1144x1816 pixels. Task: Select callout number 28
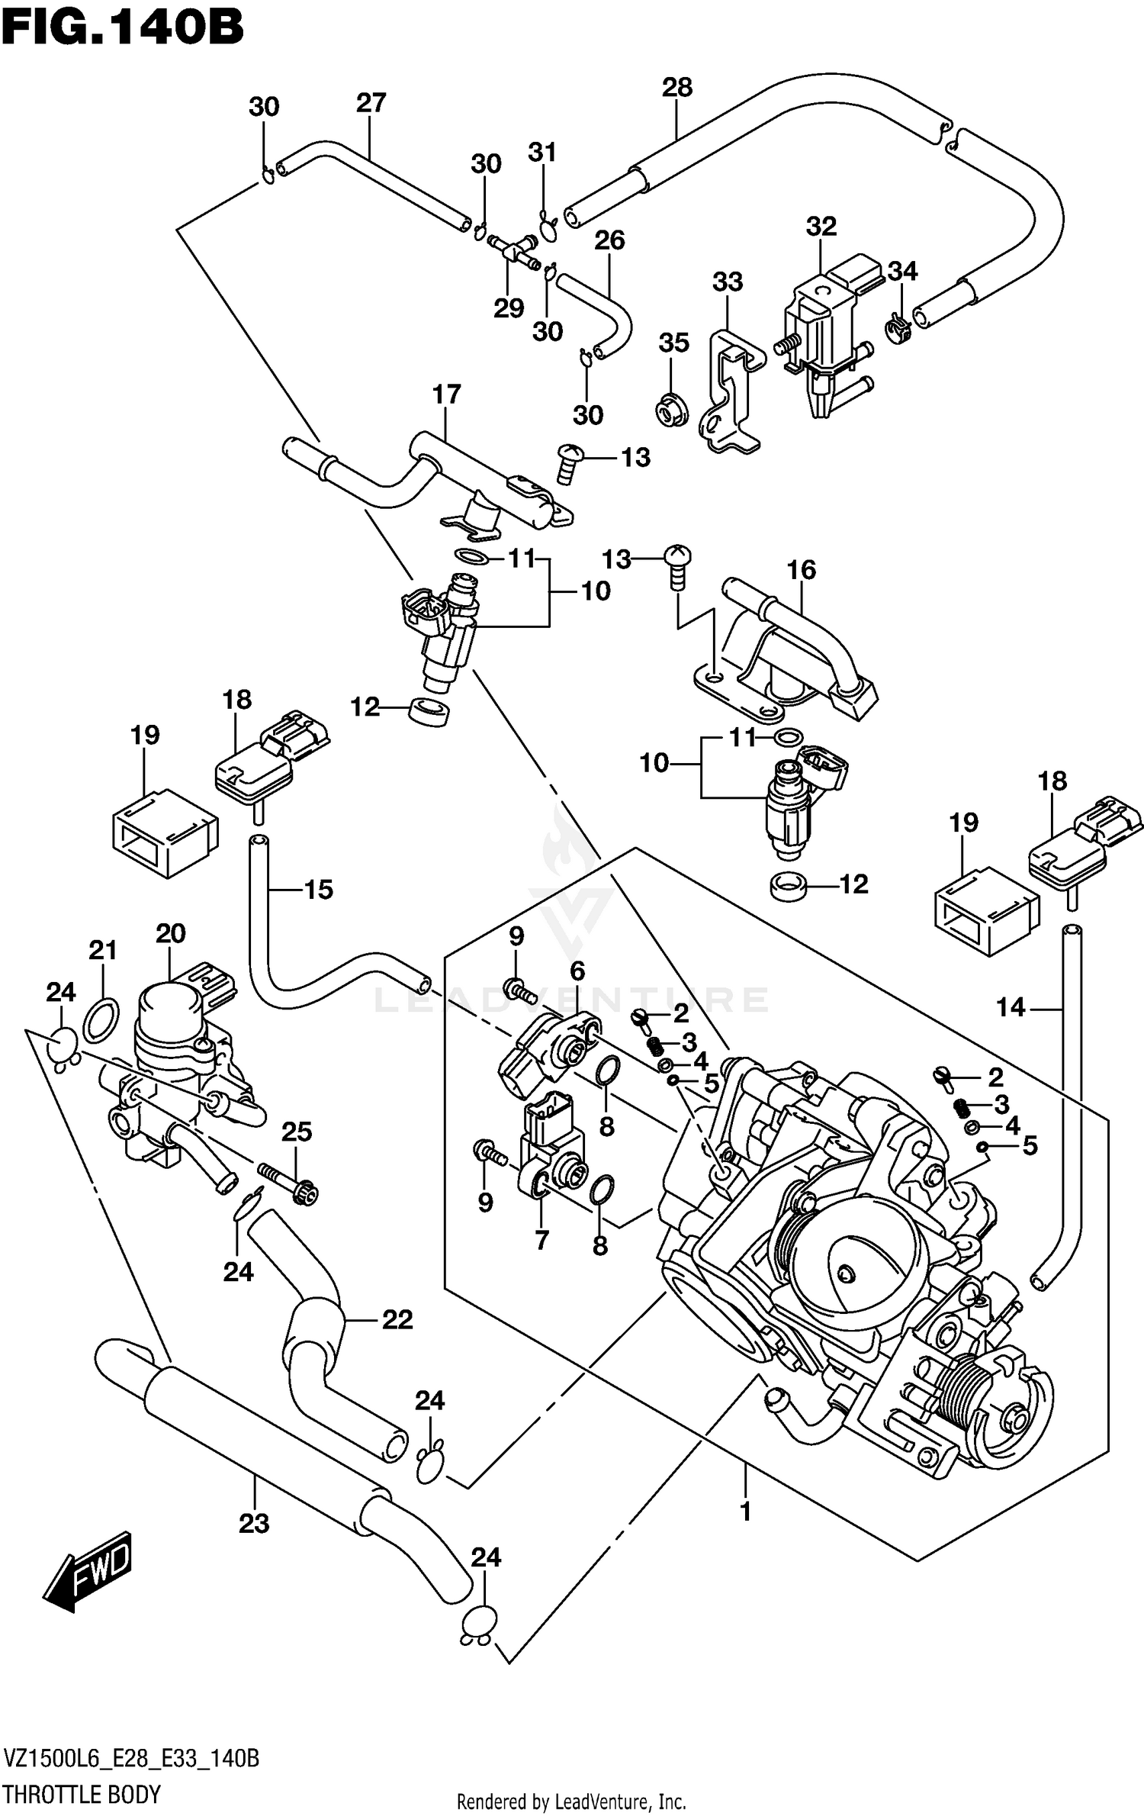676,88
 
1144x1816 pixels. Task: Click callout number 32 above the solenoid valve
821,227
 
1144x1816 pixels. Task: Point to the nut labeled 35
671,412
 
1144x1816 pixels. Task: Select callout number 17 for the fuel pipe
447,394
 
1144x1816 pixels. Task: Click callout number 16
801,570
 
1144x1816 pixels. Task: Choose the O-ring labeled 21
101,1020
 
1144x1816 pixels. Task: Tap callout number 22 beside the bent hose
397,1319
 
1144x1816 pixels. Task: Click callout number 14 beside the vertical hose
1010,1008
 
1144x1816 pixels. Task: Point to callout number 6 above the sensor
577,971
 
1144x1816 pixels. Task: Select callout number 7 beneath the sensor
541,1241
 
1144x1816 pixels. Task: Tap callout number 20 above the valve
171,933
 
